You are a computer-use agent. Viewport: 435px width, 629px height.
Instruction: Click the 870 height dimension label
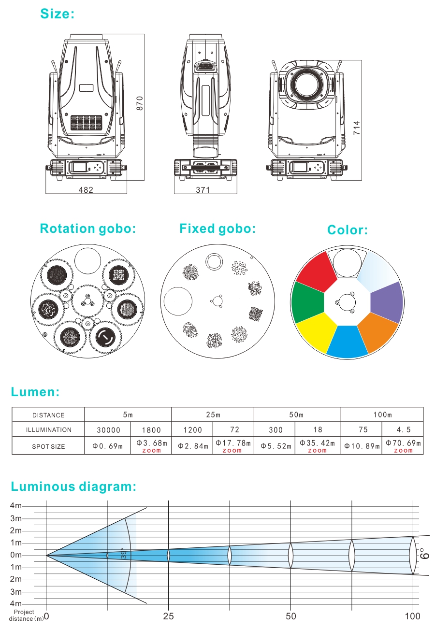pos(140,103)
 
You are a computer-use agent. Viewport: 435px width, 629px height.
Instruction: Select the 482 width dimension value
pos(86,190)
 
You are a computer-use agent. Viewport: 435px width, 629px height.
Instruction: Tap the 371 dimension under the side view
pos(203,190)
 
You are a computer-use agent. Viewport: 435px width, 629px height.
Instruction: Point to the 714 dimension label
pos(357,127)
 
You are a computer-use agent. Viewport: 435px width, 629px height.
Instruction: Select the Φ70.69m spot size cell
pos(403,445)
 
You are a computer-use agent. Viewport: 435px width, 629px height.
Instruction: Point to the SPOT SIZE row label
pos(48,446)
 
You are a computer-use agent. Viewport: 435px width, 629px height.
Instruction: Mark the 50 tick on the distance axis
pos(290,616)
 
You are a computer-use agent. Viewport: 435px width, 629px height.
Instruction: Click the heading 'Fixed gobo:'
pos(217,228)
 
